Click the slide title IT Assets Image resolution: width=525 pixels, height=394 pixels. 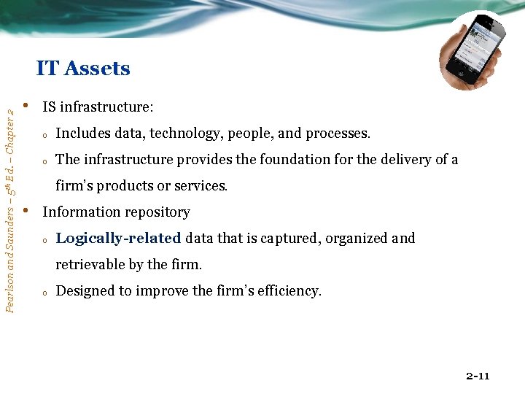pos(83,69)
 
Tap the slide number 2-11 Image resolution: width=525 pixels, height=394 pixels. pos(478,376)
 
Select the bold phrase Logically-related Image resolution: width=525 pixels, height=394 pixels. pos(118,239)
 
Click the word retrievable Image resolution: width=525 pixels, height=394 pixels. pos(93,264)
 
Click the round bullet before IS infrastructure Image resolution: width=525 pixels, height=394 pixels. pos(26,107)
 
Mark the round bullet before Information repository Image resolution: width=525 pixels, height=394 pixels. pos(26,212)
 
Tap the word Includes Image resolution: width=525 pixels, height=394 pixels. pos(83,134)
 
